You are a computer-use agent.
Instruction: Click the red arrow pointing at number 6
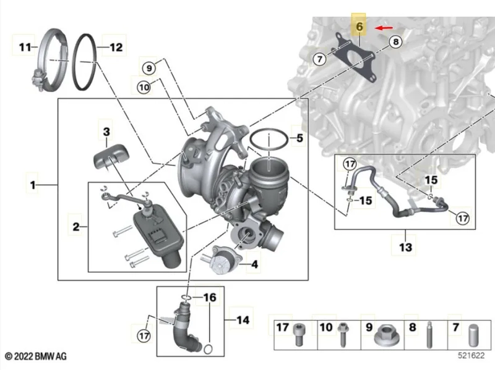pyautogui.click(x=384, y=28)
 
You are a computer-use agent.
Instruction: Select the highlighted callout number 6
pyautogui.click(x=359, y=27)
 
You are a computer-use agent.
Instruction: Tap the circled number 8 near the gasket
pyautogui.click(x=395, y=41)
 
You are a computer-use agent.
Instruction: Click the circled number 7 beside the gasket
pyautogui.click(x=319, y=59)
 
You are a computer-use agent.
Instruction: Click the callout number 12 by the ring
pyautogui.click(x=116, y=48)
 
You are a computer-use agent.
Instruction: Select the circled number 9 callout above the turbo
pyautogui.click(x=149, y=68)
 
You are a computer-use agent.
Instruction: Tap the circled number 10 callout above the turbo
pyautogui.click(x=144, y=86)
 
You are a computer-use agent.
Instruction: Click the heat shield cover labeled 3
pyautogui.click(x=111, y=158)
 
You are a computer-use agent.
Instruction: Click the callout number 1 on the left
pyautogui.click(x=33, y=185)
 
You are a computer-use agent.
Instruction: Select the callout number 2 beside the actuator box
pyautogui.click(x=76, y=226)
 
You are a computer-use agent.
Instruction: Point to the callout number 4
pyautogui.click(x=254, y=264)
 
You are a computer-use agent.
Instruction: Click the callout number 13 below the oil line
pyautogui.click(x=406, y=247)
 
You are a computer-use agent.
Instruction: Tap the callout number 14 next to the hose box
pyautogui.click(x=243, y=320)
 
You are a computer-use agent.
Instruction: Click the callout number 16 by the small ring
pyautogui.click(x=210, y=297)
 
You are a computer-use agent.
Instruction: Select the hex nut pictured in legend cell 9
pyautogui.click(x=387, y=338)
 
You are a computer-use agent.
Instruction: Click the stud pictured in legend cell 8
pyautogui.click(x=429, y=335)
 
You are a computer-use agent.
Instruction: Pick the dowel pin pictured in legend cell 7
pyautogui.click(x=473, y=335)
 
